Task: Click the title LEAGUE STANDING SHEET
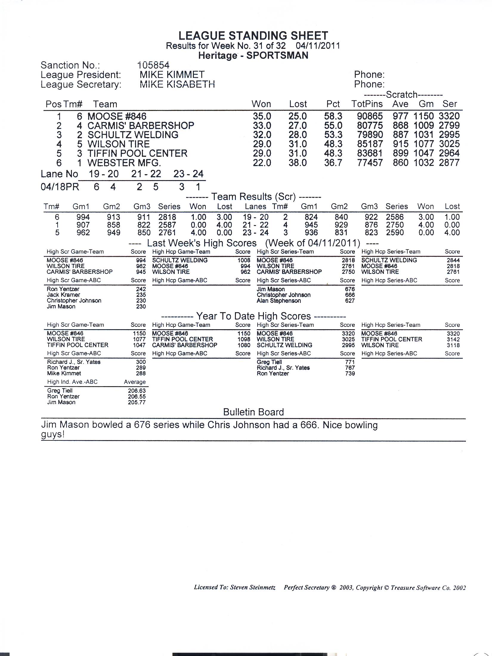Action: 253,36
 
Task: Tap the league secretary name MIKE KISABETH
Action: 177,84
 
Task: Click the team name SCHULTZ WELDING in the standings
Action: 133,135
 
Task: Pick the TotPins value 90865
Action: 370,116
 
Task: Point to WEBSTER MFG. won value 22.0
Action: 262,163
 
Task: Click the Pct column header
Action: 333,104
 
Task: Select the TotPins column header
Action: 367,104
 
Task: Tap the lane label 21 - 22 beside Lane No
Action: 146,174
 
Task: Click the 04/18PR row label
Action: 60,187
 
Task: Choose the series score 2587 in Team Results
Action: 167,225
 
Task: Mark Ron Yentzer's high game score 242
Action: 141,289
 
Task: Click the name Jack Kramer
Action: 63,295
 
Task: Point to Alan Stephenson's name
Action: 279,301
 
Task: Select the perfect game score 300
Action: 141,362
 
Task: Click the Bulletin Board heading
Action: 253,412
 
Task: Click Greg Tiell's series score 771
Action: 349,362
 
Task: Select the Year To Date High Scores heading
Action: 253,316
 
